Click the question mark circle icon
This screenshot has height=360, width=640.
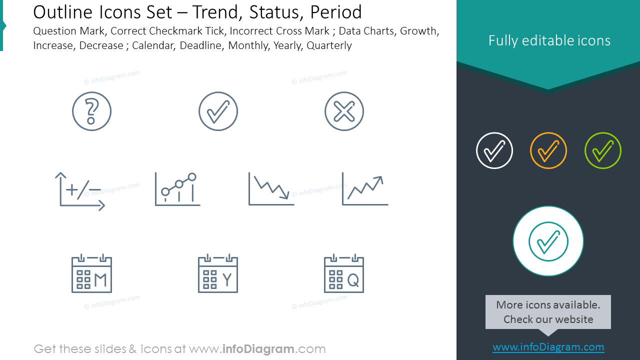pos(91,111)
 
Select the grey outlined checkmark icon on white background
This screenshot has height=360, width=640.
pos(218,111)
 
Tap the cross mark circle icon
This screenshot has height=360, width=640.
pos(344,111)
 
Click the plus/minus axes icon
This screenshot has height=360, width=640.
pos(80,191)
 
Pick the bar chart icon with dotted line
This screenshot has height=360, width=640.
pos(177,189)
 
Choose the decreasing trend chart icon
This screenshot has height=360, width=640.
pos(271,189)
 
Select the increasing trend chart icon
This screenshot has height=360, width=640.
pos(365,189)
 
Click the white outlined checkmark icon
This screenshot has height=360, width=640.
pos(494,150)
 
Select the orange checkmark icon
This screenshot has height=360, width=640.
pos(548,150)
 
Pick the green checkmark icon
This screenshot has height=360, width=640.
pos(603,150)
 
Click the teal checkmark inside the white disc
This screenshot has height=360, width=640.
pos(548,241)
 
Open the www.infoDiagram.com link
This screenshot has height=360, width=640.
pos(548,347)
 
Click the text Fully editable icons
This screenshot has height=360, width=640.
pos(549,40)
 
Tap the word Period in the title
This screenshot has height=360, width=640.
pos(336,12)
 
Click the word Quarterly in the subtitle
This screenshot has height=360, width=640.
pos(329,45)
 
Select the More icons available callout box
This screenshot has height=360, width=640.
pos(548,312)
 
